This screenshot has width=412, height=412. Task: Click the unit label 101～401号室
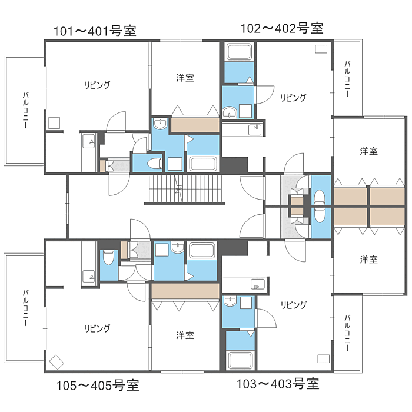(x=95, y=31)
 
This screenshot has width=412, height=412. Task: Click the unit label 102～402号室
(x=282, y=28)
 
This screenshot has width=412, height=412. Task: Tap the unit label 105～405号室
(x=98, y=386)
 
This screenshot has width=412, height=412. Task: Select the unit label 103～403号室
(x=278, y=384)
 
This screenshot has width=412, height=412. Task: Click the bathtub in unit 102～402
(x=239, y=52)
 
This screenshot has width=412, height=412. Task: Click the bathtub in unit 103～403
(x=240, y=360)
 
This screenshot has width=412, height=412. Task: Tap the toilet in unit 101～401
(x=155, y=163)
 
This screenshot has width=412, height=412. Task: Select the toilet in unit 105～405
(x=108, y=257)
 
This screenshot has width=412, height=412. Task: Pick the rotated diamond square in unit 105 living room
(x=57, y=362)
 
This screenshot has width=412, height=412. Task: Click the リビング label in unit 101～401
(x=97, y=85)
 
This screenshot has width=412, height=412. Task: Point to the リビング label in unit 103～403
(x=293, y=305)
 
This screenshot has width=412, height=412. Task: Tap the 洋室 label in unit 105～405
(x=185, y=335)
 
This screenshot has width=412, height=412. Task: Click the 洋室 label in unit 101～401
(x=185, y=78)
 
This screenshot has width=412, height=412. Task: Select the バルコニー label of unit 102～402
(x=347, y=79)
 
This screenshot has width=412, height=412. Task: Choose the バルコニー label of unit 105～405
(x=25, y=308)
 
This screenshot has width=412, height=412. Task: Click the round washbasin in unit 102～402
(x=230, y=112)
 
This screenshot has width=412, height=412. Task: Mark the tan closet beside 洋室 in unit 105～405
(x=185, y=291)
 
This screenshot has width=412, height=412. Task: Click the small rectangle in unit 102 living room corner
(x=321, y=49)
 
